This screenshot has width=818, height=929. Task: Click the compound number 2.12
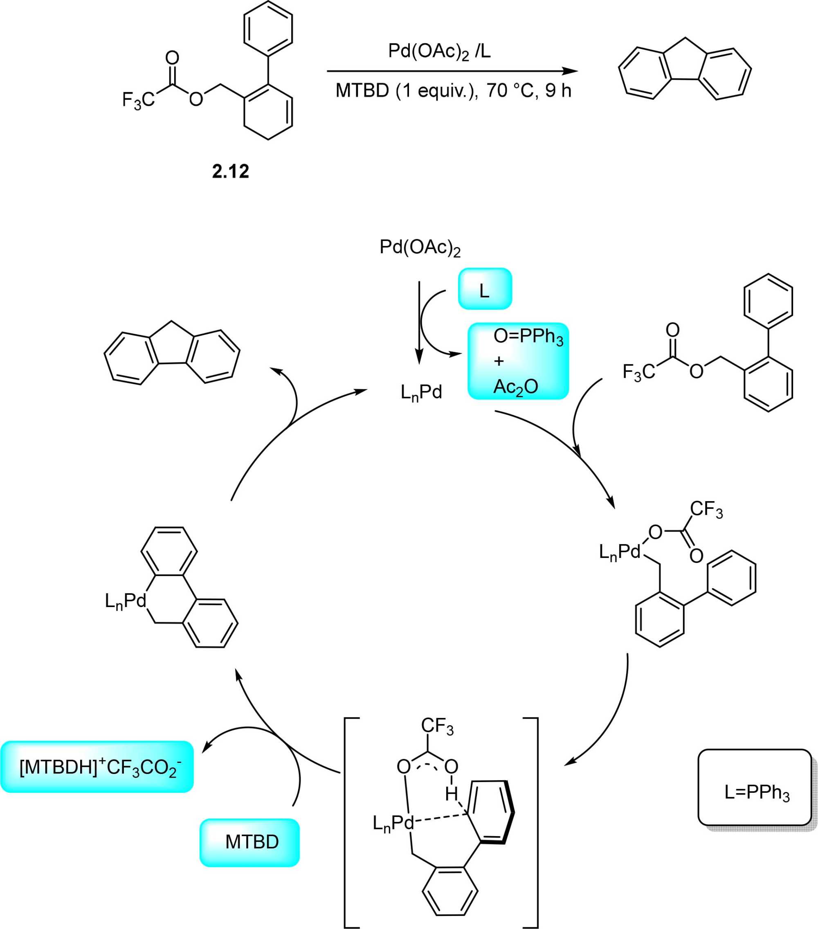[230, 171]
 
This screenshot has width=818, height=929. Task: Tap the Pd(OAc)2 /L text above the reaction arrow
[439, 52]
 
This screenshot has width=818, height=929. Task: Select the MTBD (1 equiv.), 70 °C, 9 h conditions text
[453, 90]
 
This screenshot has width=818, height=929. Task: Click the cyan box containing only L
[484, 289]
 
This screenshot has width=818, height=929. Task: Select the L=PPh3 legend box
[754, 793]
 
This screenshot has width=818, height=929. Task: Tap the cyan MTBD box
[249, 842]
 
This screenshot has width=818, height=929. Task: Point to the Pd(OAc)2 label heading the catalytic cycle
[420, 248]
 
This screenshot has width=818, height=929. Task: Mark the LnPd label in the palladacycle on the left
[126, 601]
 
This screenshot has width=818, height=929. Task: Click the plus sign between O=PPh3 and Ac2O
[499, 361]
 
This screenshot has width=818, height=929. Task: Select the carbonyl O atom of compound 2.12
[172, 58]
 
